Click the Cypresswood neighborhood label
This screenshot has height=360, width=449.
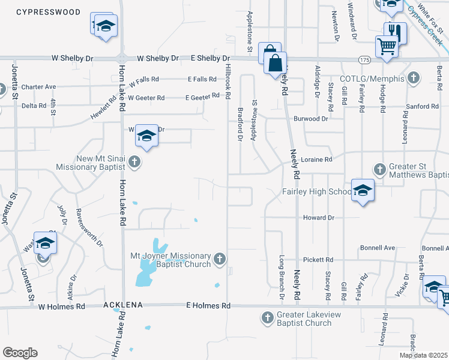point(40,12)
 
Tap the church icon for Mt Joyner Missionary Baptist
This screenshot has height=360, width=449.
point(220,259)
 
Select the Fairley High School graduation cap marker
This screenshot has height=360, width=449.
point(363,191)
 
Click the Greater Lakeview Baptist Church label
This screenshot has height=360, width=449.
point(304,319)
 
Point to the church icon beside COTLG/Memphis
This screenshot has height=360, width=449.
point(412,78)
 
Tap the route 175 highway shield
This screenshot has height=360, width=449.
point(364,59)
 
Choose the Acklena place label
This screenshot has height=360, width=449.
point(122,305)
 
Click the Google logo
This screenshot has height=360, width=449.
point(20,353)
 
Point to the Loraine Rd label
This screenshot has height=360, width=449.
point(317,160)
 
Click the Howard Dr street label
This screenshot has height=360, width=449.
point(318,217)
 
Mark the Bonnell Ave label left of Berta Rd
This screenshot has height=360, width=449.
point(378,248)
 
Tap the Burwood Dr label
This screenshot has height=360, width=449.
point(311,119)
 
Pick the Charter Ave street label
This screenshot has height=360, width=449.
point(38,87)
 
